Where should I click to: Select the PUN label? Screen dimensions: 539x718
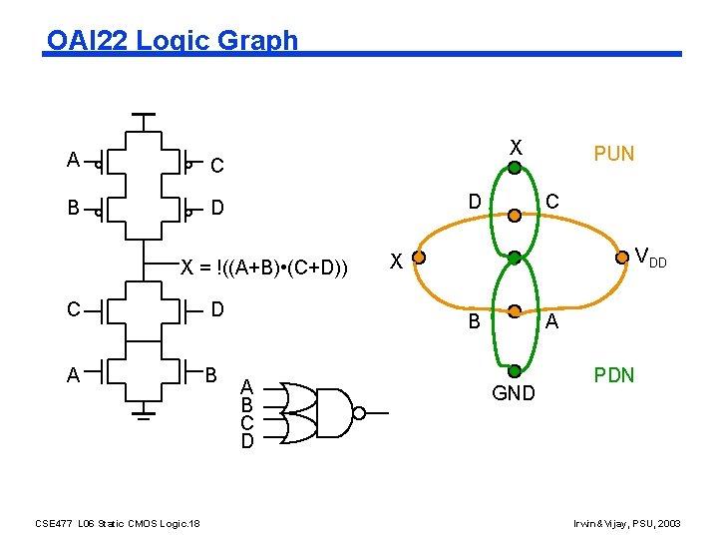point(613,154)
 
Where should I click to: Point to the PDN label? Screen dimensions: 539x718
point(614,375)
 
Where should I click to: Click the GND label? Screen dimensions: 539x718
point(514,394)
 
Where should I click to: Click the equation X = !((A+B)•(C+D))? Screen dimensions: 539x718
point(263,267)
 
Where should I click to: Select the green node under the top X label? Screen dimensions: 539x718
point(515,168)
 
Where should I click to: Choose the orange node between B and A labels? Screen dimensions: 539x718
point(515,311)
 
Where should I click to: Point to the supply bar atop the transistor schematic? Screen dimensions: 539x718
point(145,114)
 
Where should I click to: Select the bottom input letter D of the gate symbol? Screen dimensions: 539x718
point(247,441)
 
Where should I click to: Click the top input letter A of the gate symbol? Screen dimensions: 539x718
point(247,388)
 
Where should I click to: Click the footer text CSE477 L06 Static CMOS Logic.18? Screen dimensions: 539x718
point(118,523)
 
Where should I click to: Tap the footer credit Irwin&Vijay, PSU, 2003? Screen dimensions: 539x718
point(627,523)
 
